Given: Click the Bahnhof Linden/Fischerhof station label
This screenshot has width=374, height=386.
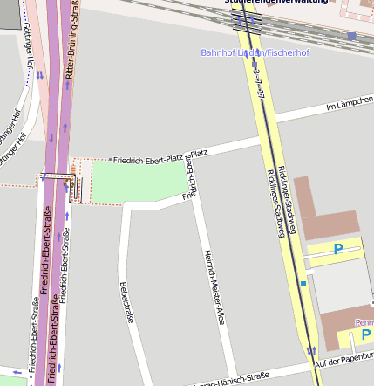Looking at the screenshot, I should pos(255,52).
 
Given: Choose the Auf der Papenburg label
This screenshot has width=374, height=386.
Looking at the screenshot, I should pos(343,361).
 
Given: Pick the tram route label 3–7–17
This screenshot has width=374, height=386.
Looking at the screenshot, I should pos(258,83).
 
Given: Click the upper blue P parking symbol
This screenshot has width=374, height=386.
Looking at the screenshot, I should pos(337,250).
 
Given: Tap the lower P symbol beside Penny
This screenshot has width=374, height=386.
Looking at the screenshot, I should pos(366,335).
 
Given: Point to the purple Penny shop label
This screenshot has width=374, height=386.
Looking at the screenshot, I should pos(364,322).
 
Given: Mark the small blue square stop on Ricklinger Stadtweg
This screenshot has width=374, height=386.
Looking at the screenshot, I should pos(303,284).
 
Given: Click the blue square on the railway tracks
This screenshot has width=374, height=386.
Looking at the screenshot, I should pos(351,36).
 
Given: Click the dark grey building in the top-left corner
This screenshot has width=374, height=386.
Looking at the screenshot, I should pos(9,14).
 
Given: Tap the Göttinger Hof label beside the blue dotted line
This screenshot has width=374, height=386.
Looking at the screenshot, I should pos(29,54).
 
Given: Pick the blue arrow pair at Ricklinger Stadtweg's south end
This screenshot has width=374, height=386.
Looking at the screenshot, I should pos(311,351).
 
